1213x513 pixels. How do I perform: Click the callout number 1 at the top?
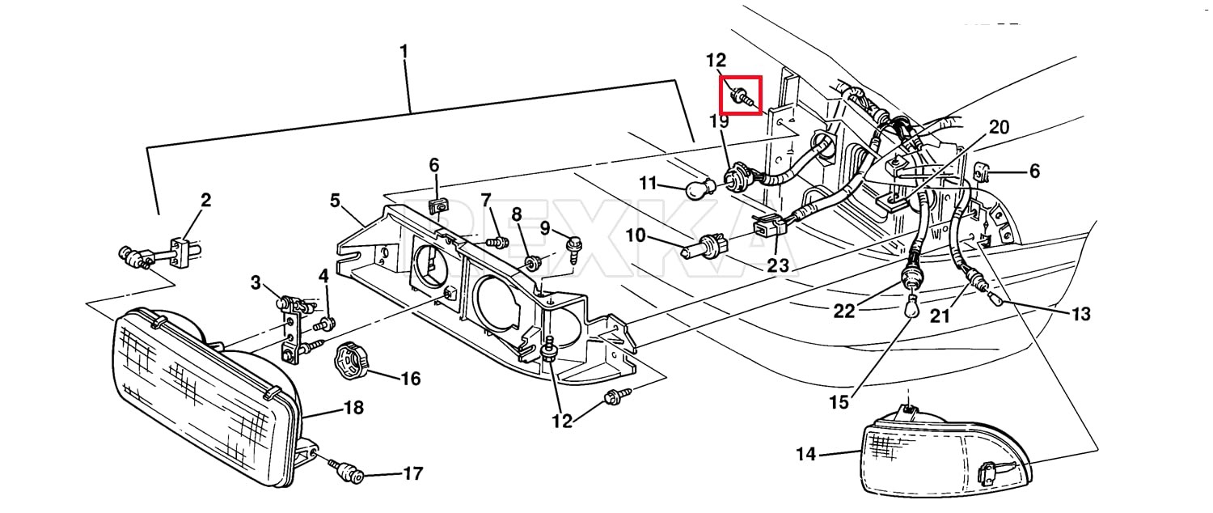[404, 52]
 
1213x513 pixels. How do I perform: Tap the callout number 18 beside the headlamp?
[353, 407]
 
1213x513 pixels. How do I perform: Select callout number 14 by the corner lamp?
[805, 453]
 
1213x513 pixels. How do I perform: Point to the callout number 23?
[778, 265]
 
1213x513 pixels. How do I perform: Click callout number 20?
[999, 127]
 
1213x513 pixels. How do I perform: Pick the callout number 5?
[335, 201]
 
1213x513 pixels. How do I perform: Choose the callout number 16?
[411, 379]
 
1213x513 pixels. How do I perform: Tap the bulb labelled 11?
[701, 189]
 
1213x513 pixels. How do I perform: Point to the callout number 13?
[1081, 314]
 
